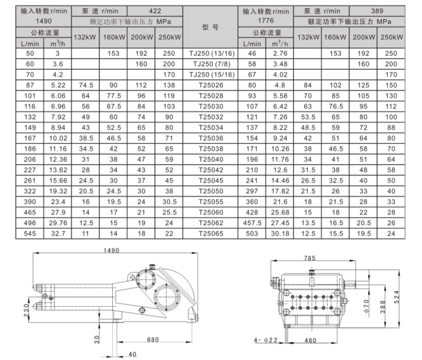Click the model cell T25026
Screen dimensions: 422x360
pos(211,86)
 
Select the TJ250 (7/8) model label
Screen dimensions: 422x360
pos(212,64)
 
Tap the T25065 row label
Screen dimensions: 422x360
pos(211,233)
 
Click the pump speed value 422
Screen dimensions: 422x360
pos(155,11)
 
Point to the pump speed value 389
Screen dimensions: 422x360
pos(377,11)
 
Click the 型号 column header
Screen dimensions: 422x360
pos(210,27)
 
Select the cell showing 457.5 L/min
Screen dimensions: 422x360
pos(252,223)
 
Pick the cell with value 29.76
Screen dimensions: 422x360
pos(58,223)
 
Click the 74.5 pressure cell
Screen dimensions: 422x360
pos(86,86)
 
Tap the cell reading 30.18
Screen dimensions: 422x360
pos(280,233)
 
